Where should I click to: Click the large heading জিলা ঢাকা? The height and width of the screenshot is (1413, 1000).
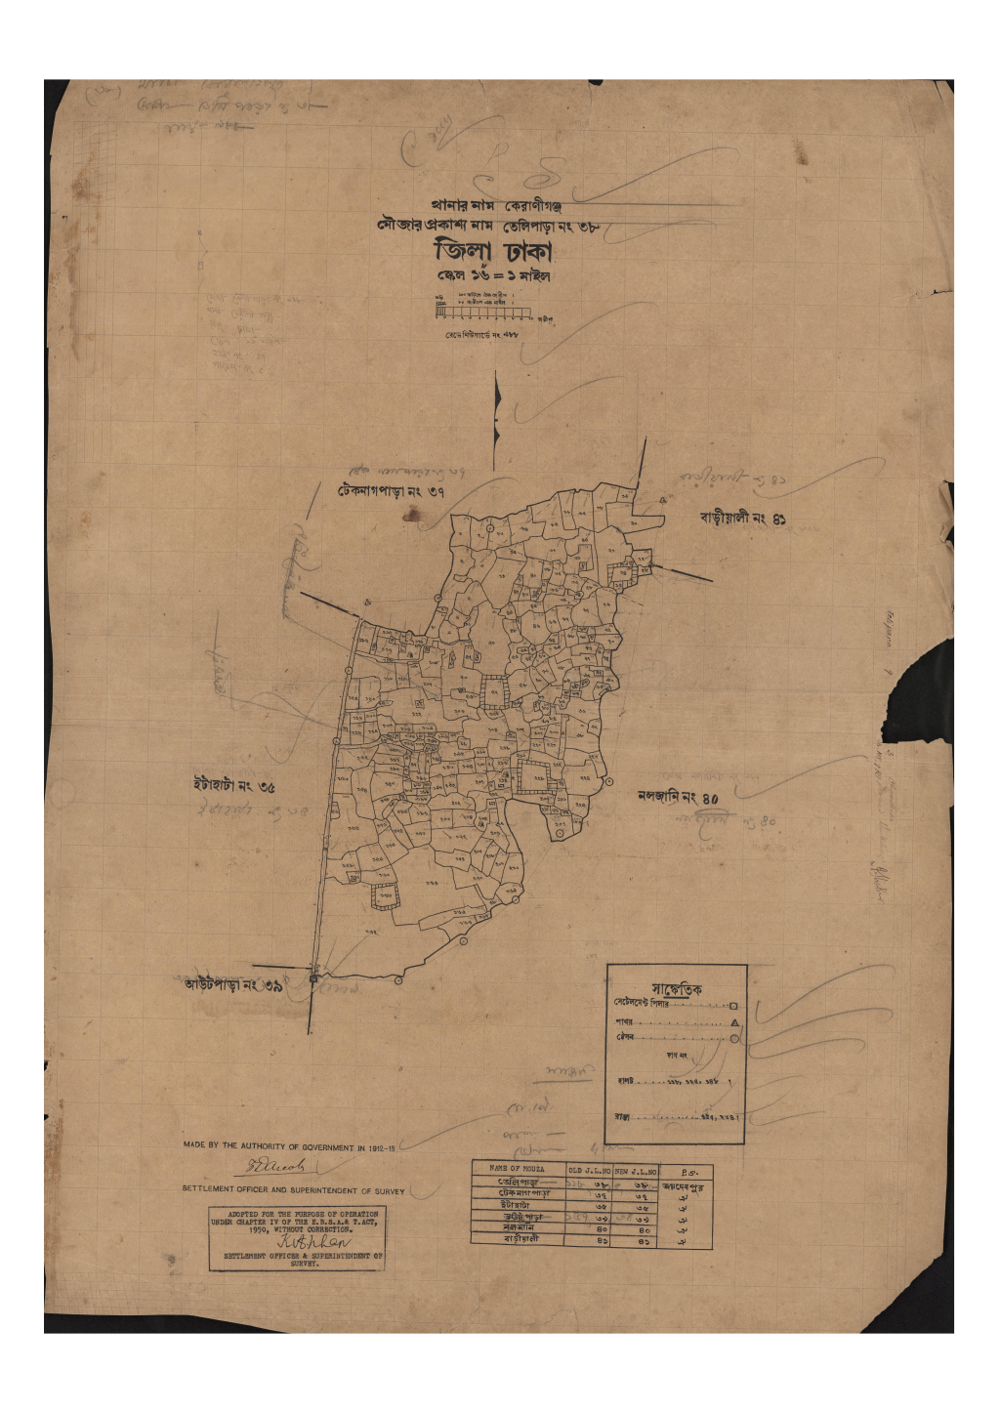coord(493,252)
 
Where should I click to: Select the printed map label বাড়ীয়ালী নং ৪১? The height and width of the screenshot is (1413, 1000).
coord(742,519)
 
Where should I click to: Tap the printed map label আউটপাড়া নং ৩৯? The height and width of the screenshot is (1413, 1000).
coord(233,985)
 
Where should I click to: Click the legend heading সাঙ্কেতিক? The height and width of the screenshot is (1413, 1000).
coord(676,988)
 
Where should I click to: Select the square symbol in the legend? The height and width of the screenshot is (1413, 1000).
coord(733,1005)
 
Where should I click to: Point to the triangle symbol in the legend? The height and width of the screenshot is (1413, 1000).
coord(734,1022)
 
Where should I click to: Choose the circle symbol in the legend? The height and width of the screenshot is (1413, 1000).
coord(734,1038)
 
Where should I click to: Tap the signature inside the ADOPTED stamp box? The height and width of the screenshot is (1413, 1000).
coord(295,1244)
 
